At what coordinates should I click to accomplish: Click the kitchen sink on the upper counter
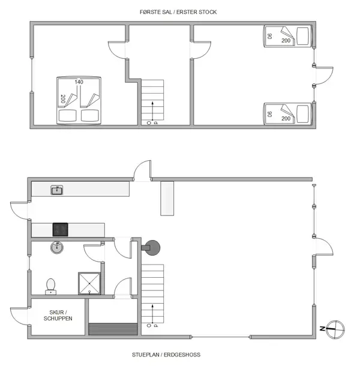[58, 190]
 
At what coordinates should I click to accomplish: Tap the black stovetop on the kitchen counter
[61, 229]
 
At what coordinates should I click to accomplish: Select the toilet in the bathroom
[50, 284]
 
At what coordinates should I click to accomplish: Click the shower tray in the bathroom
[89, 283]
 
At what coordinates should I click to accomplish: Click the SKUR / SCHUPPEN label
[58, 314]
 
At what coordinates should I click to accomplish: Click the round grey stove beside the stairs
[153, 246]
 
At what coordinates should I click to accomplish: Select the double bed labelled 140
[79, 101]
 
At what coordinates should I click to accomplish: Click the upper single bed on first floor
[288, 37]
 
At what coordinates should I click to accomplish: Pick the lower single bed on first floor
[288, 114]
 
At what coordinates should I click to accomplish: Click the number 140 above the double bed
[79, 82]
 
